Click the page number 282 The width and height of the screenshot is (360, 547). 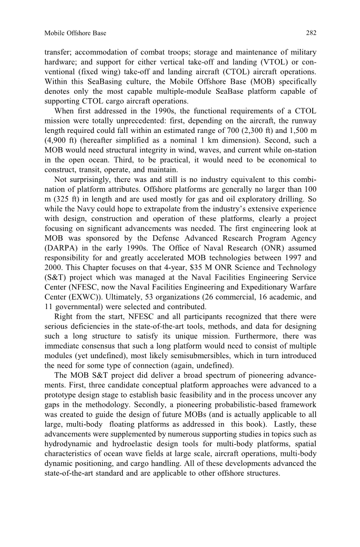click(x=311, y=33)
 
